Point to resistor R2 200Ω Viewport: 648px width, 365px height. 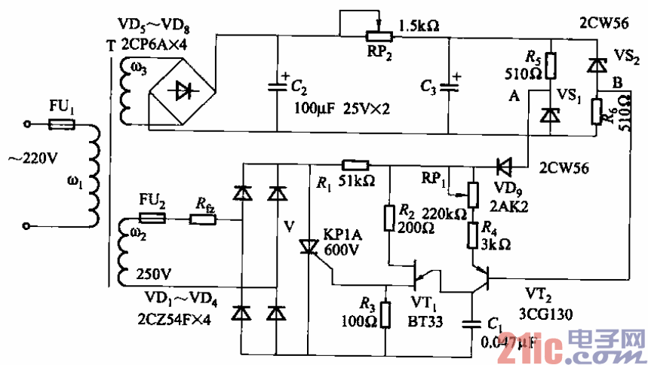[389, 219]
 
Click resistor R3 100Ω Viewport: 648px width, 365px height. [385, 314]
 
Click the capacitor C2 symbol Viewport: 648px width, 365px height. [278, 84]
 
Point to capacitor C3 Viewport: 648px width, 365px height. [450, 84]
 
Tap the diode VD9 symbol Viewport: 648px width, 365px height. [504, 164]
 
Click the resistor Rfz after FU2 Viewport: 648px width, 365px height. [204, 219]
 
